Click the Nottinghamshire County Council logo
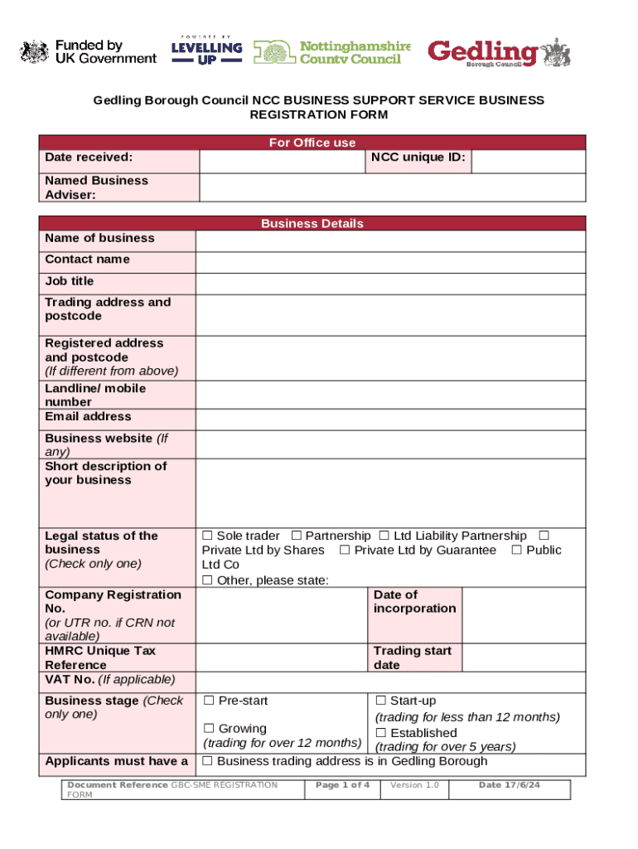[x=331, y=52]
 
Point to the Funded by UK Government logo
[x=88, y=52]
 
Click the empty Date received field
[x=281, y=161]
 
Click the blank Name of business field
[x=390, y=240]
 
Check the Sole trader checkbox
[x=208, y=536]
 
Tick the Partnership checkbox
[x=297, y=536]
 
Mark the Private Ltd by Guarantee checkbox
[x=345, y=551]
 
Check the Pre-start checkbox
[x=208, y=701]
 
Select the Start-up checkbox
[x=381, y=701]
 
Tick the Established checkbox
[x=381, y=733]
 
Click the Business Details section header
[x=312, y=223]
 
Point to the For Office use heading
[x=312, y=143]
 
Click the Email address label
[x=88, y=416]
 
